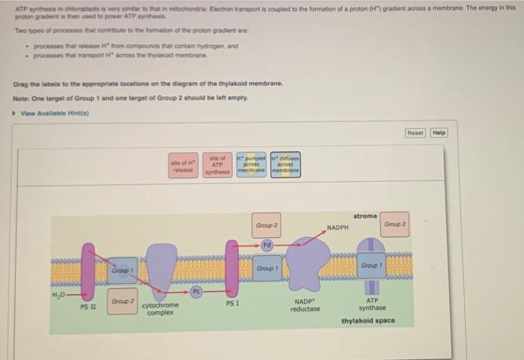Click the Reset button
click(415, 132)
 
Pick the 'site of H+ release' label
click(183, 165)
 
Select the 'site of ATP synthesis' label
click(217, 165)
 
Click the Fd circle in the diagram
click(266, 245)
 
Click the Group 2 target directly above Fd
click(266, 225)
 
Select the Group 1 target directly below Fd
click(266, 268)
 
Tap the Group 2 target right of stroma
click(394, 224)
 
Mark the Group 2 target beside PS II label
click(122, 302)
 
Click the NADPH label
click(338, 226)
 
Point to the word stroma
click(365, 216)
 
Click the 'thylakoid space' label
click(368, 321)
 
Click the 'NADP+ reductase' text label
click(305, 305)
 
